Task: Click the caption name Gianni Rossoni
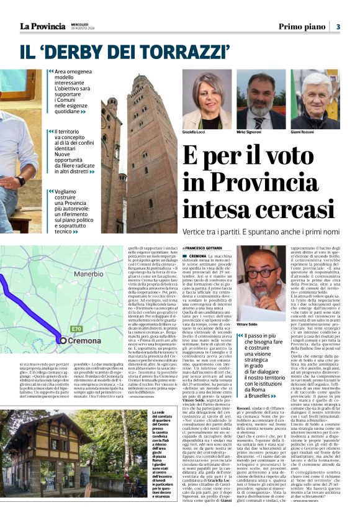(302, 133)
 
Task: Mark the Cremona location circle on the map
(63, 340)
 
